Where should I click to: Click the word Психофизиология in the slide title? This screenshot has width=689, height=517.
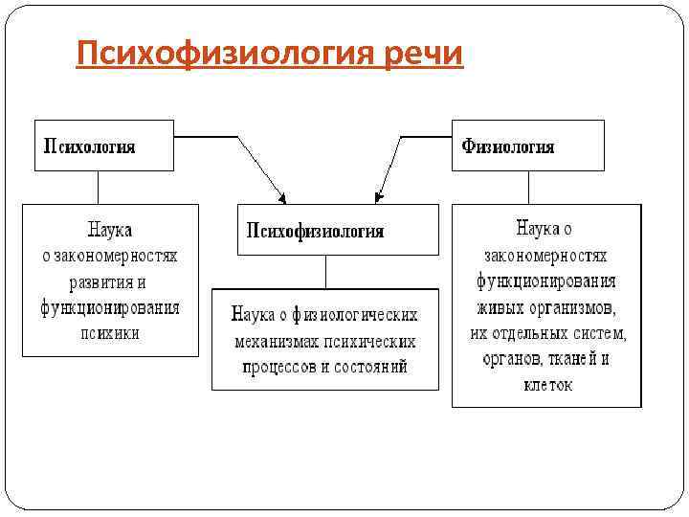[224, 54]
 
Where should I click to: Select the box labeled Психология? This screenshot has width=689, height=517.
[104, 146]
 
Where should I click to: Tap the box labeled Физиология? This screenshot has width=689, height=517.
[528, 146]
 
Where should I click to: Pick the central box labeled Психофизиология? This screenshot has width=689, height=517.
[338, 230]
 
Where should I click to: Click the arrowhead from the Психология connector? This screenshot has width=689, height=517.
[281, 198]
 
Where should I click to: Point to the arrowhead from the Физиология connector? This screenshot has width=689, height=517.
[379, 198]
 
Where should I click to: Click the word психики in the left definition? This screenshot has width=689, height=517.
[110, 333]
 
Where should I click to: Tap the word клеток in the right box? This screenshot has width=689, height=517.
[547, 385]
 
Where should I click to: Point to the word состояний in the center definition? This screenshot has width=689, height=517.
[372, 366]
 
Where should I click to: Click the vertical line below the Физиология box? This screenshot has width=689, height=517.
[527, 188]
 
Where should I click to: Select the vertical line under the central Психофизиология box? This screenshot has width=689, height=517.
[325, 272]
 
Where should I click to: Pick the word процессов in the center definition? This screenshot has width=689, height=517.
[277, 366]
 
